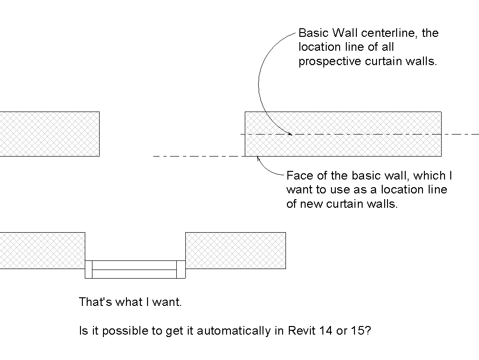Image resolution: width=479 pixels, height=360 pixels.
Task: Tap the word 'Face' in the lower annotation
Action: click(297, 175)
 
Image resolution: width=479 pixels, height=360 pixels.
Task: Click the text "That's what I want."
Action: click(130, 303)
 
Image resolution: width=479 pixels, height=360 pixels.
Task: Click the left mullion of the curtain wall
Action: click(88, 269)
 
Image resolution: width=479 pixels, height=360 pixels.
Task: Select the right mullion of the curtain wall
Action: click(181, 269)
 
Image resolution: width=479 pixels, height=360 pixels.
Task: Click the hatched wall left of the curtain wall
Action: click(42, 250)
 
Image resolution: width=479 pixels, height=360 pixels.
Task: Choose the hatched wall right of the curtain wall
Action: click(235, 250)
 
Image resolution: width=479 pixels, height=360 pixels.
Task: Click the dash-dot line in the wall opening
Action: click(196, 156)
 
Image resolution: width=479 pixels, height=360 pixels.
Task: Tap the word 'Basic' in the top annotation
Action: click(311, 34)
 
